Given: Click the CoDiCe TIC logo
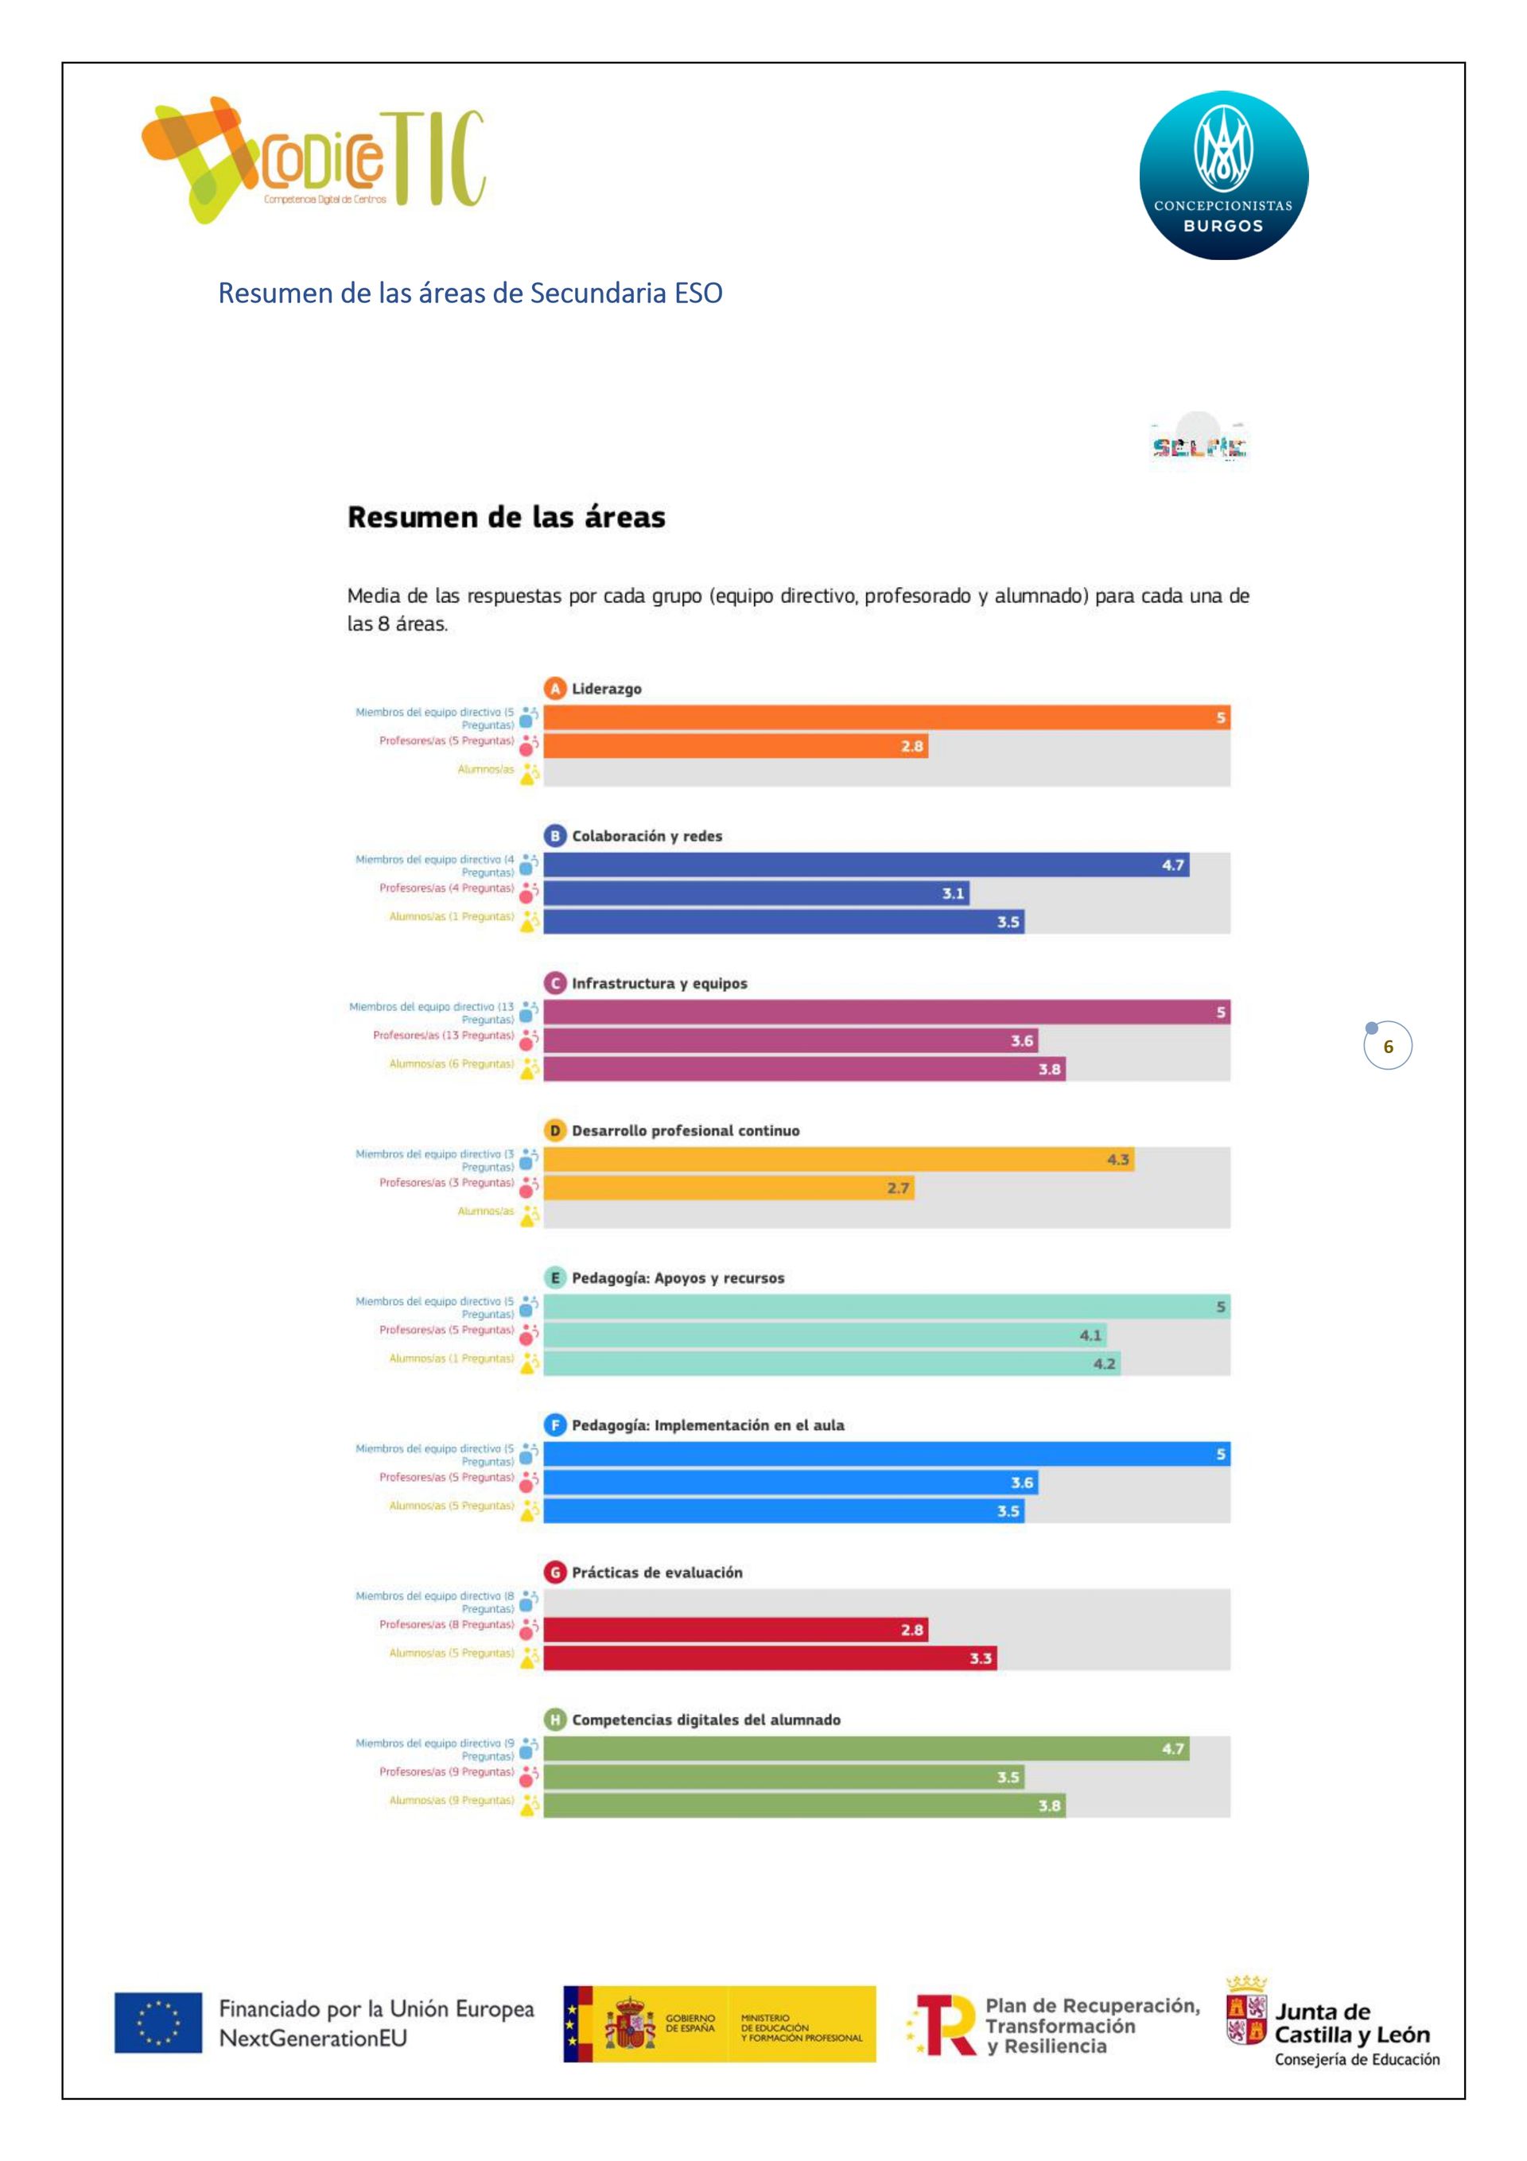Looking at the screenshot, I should tap(313, 160).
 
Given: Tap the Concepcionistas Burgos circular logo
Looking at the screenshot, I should tap(1223, 175).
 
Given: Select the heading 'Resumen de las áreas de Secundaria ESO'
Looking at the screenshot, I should tap(470, 293).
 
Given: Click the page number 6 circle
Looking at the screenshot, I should tap(1388, 1046).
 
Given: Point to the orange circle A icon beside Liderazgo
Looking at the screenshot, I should tap(555, 688).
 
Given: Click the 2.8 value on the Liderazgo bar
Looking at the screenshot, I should tap(911, 746).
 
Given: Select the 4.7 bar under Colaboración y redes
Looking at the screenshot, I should tap(866, 865).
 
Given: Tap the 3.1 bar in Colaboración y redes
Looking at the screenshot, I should tap(756, 893).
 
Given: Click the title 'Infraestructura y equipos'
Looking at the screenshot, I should tap(659, 984).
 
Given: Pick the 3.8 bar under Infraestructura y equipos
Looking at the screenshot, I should tap(804, 1069).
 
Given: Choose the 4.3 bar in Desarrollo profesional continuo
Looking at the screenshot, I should tap(838, 1160).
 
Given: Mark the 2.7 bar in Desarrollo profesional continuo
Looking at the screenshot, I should tap(728, 1187).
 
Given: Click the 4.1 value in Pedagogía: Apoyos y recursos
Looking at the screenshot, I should tap(1090, 1335).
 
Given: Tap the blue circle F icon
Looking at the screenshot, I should tap(555, 1425).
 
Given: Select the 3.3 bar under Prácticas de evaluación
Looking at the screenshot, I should tap(769, 1658).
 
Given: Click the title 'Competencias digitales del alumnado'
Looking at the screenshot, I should tap(706, 1720).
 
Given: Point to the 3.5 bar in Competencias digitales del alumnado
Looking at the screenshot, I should tap(783, 1777).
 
